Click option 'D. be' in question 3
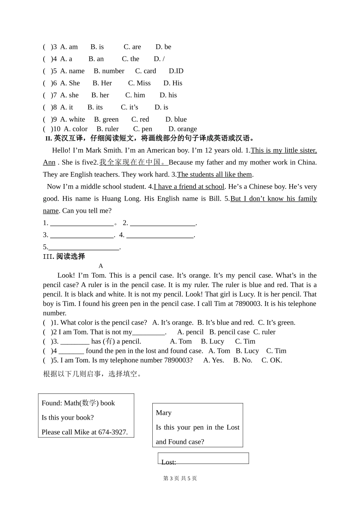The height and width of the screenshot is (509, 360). pos(163,47)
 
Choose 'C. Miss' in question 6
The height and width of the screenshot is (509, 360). pos(139,83)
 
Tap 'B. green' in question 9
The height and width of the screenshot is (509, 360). pos(106,120)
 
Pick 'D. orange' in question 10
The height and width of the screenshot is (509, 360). pos(183,129)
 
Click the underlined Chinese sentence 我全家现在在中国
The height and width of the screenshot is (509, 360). pos(133,162)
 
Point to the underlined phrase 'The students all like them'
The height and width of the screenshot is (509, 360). pos(214,175)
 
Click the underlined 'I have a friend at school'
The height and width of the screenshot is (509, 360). pos(189,187)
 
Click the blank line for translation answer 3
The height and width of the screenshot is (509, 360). pos(82,235)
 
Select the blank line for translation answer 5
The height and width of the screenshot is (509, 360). pos(84,247)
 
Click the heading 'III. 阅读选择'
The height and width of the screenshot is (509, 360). pos(64,256)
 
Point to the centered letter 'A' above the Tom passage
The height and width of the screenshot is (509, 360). pos(101,266)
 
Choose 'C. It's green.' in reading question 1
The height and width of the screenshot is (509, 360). pos(277,323)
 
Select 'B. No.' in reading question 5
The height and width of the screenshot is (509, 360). pos(243,361)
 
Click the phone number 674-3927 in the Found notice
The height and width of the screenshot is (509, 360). pos(113,432)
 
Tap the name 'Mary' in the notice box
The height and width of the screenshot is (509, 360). pos(164,413)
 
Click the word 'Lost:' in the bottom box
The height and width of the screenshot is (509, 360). pos(169,462)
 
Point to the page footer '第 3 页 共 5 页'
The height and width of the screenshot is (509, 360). pos(180,478)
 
